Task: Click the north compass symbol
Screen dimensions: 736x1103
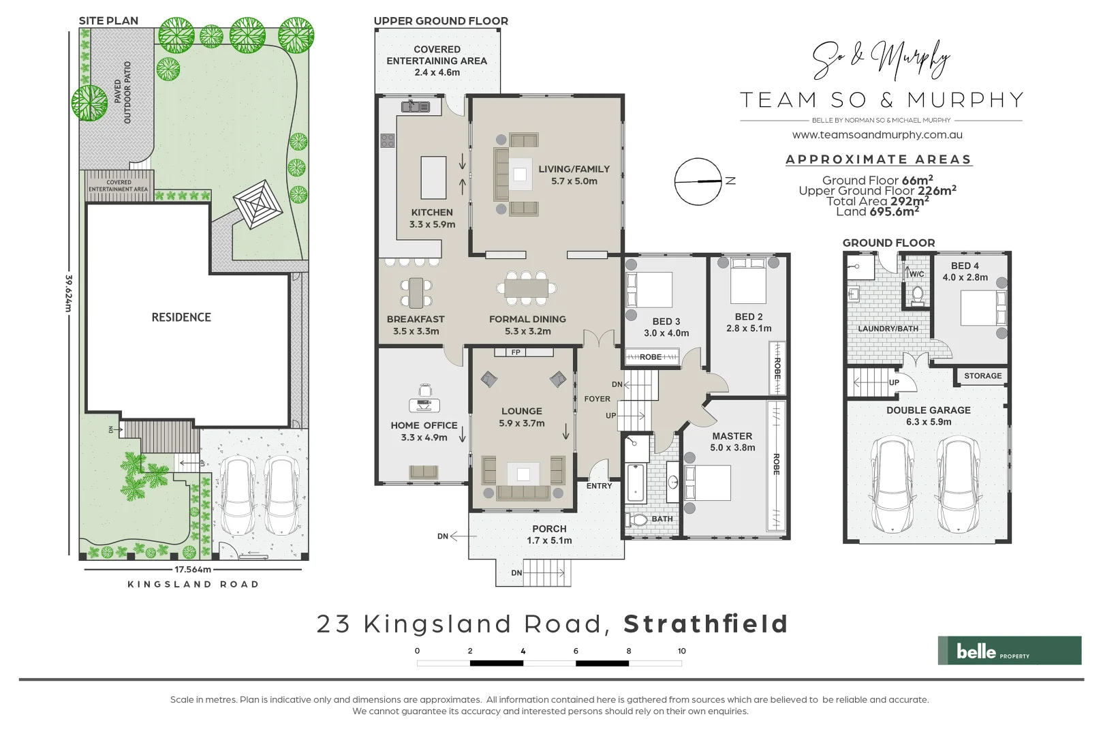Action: click(x=698, y=181)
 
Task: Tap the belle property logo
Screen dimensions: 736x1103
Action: click(x=1009, y=651)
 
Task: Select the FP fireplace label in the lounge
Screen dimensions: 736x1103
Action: click(x=516, y=352)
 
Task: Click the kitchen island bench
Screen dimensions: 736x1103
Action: click(x=433, y=177)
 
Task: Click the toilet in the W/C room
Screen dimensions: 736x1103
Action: click(x=917, y=295)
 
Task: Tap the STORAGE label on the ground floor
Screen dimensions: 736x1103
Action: click(x=982, y=375)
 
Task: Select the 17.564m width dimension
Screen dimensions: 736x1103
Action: click(x=193, y=569)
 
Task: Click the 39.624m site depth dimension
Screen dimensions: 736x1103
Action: click(x=68, y=293)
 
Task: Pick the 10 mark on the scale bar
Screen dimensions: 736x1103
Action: click(x=681, y=651)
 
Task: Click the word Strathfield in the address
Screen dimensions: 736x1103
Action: click(x=706, y=624)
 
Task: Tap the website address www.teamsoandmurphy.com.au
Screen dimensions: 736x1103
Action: click(x=877, y=135)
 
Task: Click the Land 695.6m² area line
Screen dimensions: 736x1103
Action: click(x=877, y=211)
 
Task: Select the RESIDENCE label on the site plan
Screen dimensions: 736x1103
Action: click(x=181, y=317)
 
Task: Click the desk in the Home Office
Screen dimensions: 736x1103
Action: click(x=424, y=405)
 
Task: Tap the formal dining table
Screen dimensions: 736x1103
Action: click(x=526, y=288)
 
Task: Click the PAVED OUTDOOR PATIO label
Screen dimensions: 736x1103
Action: click(x=123, y=92)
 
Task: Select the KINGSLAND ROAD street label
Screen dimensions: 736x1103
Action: click(x=193, y=584)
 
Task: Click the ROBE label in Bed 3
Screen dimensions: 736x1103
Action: click(x=650, y=357)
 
